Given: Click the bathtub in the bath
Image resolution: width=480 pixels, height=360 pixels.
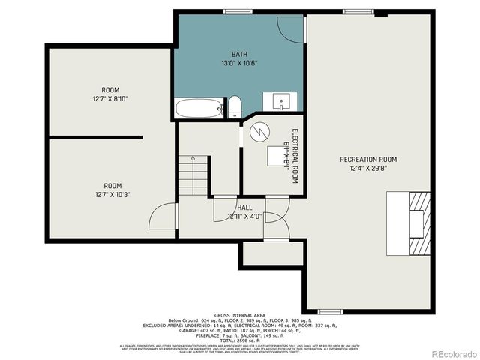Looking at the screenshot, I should [199, 109].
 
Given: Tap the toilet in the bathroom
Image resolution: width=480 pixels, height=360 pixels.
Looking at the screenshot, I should [234, 106].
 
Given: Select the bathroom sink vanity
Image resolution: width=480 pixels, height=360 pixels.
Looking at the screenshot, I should [280, 101].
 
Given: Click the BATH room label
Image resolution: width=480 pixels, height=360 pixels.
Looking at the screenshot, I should [239, 54].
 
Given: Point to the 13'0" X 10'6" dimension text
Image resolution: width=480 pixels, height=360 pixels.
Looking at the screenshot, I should [239, 63].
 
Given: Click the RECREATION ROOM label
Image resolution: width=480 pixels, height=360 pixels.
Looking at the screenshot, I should [368, 160].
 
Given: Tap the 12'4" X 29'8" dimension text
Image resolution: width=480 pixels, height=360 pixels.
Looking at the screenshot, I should [368, 169].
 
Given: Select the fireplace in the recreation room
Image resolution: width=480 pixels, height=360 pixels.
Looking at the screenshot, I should [408, 223].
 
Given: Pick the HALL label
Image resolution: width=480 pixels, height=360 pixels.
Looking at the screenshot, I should [244, 208].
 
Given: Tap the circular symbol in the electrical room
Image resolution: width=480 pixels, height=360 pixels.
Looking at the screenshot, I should [259, 132].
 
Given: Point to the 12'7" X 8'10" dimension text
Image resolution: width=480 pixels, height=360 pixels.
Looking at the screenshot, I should [111, 99].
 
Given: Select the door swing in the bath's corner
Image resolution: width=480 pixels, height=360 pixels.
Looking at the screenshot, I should [290, 27].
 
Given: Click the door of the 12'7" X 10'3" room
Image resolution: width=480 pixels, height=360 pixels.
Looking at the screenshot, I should [163, 217].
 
